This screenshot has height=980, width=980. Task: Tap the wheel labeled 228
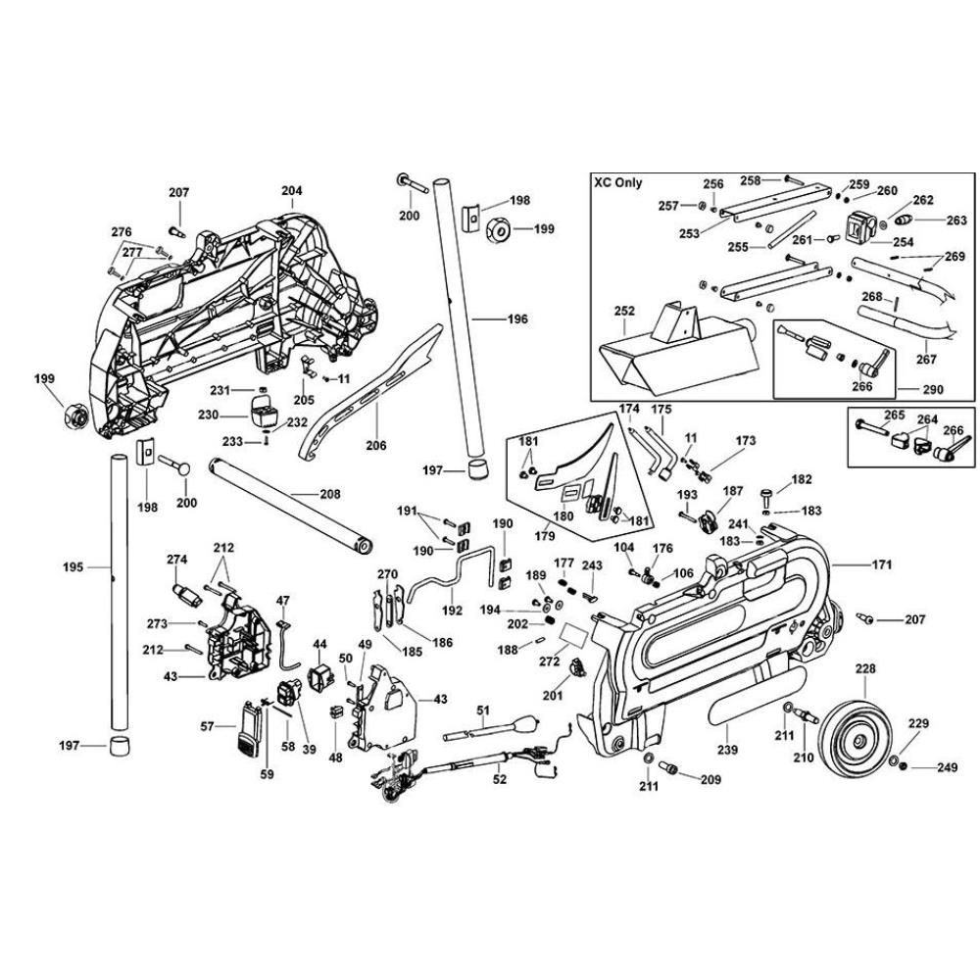(850, 732)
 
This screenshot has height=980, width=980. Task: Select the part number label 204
(292, 191)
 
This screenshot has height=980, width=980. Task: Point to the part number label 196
(517, 318)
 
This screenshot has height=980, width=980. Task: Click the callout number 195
(73, 566)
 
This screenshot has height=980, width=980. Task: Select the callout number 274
(176, 560)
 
